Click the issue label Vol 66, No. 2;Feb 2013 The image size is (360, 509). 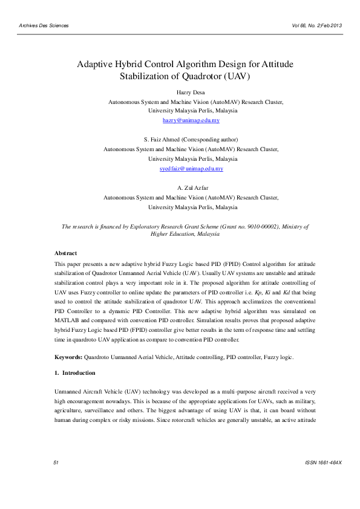point(316,25)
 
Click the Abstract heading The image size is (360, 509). point(66,253)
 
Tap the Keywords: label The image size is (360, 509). point(68,358)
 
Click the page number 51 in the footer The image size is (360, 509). point(56,479)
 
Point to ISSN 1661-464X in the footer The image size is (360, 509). point(325,479)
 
